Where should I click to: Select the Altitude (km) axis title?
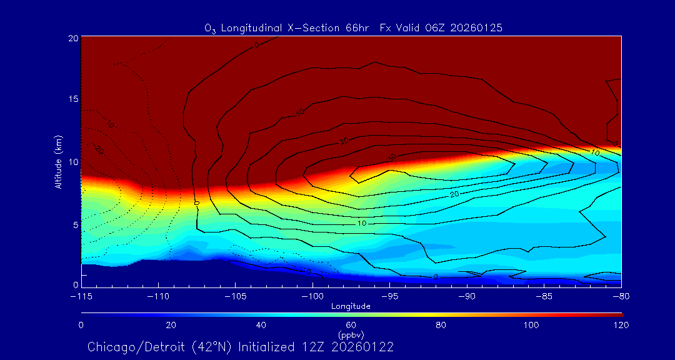59,161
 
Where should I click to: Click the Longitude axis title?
351,306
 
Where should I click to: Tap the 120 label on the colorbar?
621,325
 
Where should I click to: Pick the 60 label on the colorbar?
351,325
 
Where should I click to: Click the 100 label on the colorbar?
531,325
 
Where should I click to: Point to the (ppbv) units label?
351,335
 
